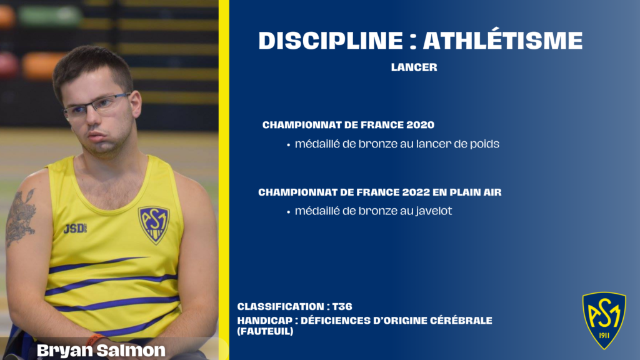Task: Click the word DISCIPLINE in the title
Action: coord(331,41)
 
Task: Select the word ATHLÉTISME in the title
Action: coord(503,39)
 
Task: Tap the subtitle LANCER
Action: coord(414,67)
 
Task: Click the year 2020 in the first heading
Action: coord(421,125)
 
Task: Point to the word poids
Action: coord(484,144)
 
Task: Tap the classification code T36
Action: coord(342,306)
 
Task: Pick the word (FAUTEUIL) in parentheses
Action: coord(265,331)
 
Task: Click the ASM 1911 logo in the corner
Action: coord(604,320)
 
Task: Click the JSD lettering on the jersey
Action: coord(75,229)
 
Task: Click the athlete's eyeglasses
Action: coord(96,106)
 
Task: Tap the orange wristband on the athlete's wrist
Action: coord(95,339)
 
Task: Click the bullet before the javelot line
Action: coord(288,212)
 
